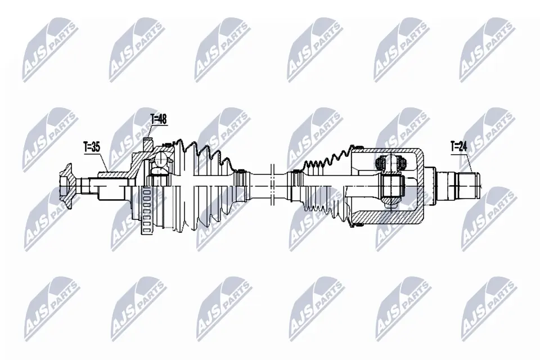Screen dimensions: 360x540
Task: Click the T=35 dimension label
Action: coord(92,147)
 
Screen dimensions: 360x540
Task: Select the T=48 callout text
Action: coord(159,119)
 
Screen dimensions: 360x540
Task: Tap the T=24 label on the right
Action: coord(458,147)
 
